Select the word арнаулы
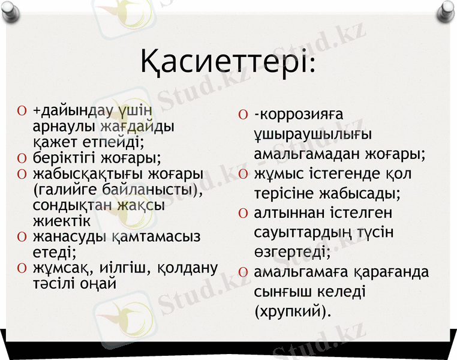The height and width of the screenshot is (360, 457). click(65, 127)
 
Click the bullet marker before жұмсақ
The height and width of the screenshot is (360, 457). click(22, 268)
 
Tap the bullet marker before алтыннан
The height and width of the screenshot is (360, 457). click(242, 214)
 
